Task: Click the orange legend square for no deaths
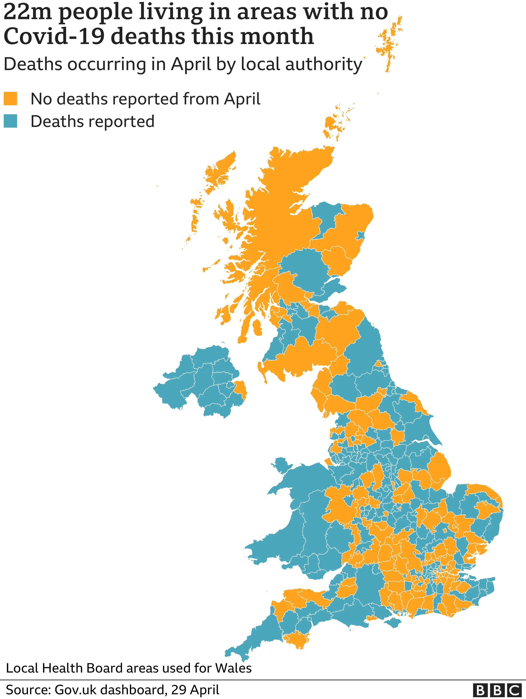[10, 99]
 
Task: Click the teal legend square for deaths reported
[10, 121]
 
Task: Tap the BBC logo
[497, 690]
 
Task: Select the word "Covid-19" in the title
[54, 36]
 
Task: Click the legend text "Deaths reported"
[93, 121]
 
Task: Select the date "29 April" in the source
[195, 690]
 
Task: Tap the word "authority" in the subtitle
[324, 64]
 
